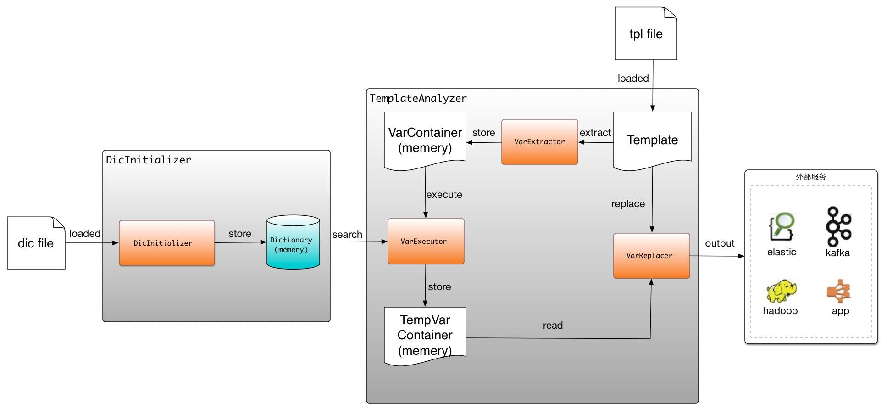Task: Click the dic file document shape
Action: pyautogui.click(x=36, y=243)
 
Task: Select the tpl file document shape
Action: pyautogui.click(x=646, y=34)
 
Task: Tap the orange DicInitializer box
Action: pyautogui.click(x=166, y=243)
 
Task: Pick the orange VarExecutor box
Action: pyautogui.click(x=426, y=241)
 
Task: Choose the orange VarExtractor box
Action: pyautogui.click(x=539, y=141)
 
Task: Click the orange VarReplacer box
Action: pyautogui.click(x=651, y=255)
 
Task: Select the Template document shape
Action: pyautogui.click(x=652, y=140)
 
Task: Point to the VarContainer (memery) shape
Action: pyautogui.click(x=425, y=140)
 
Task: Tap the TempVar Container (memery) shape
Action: pyautogui.click(x=425, y=335)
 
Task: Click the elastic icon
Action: pyautogui.click(x=782, y=227)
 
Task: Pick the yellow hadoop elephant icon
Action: pyautogui.click(x=781, y=291)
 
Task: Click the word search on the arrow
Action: pyautogui.click(x=347, y=234)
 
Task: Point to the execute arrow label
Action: pyautogui.click(x=444, y=194)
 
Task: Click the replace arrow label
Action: pyautogui.click(x=628, y=203)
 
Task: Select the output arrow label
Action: pyautogui.click(x=719, y=243)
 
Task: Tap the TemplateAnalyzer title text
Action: pyautogui.click(x=418, y=98)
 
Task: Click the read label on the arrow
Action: pyautogui.click(x=552, y=325)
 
